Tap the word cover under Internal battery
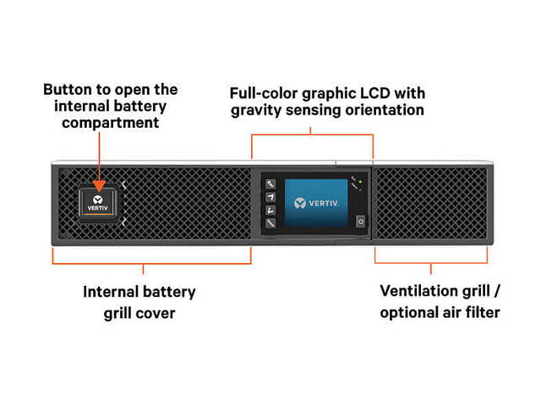tap(161, 313)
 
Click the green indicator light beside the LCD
tap(358, 182)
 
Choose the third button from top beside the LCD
tap(270, 211)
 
